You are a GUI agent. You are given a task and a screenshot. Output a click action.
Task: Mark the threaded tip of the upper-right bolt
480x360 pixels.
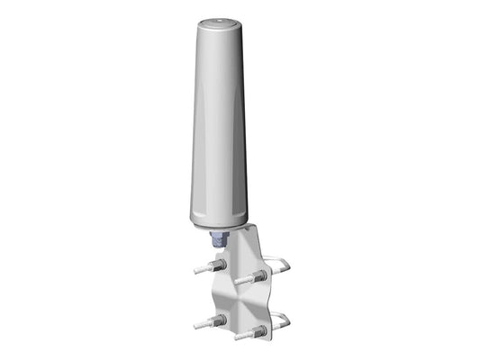[240, 280]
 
